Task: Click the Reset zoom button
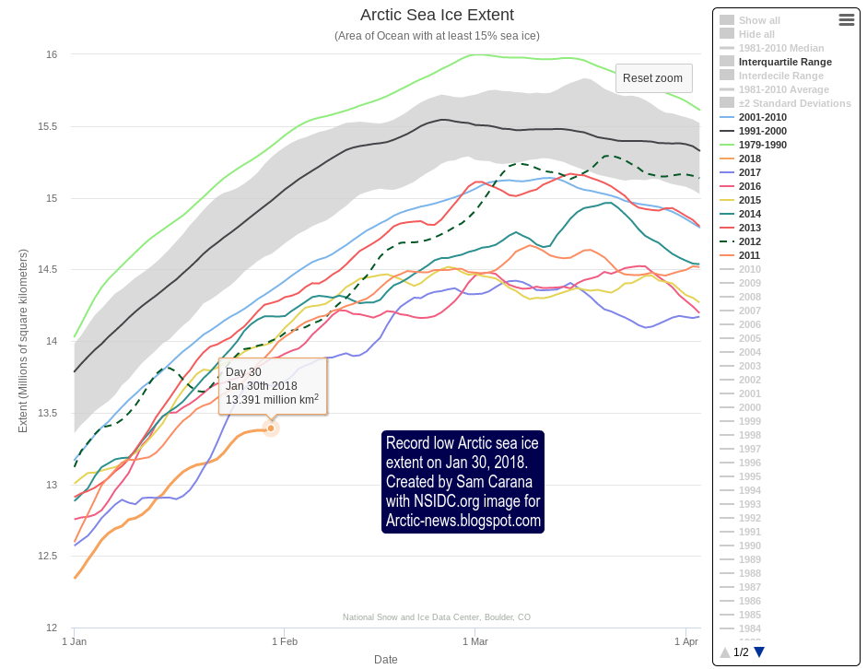653,78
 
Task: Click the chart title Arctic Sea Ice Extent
437,15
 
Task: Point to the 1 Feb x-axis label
284,640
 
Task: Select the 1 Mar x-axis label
474,640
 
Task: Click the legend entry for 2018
750,158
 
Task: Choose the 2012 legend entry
750,241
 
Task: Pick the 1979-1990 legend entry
762,145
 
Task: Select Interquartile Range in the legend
785,62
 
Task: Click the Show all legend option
759,20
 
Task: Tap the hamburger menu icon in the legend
847,19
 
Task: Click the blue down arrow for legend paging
759,652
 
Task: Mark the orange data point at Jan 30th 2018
271,428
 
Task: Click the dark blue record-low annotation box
463,482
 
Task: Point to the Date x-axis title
386,659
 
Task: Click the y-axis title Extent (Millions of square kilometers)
23,340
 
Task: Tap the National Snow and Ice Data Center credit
436,617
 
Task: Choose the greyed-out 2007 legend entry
750,311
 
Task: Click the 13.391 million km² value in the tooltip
272,400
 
